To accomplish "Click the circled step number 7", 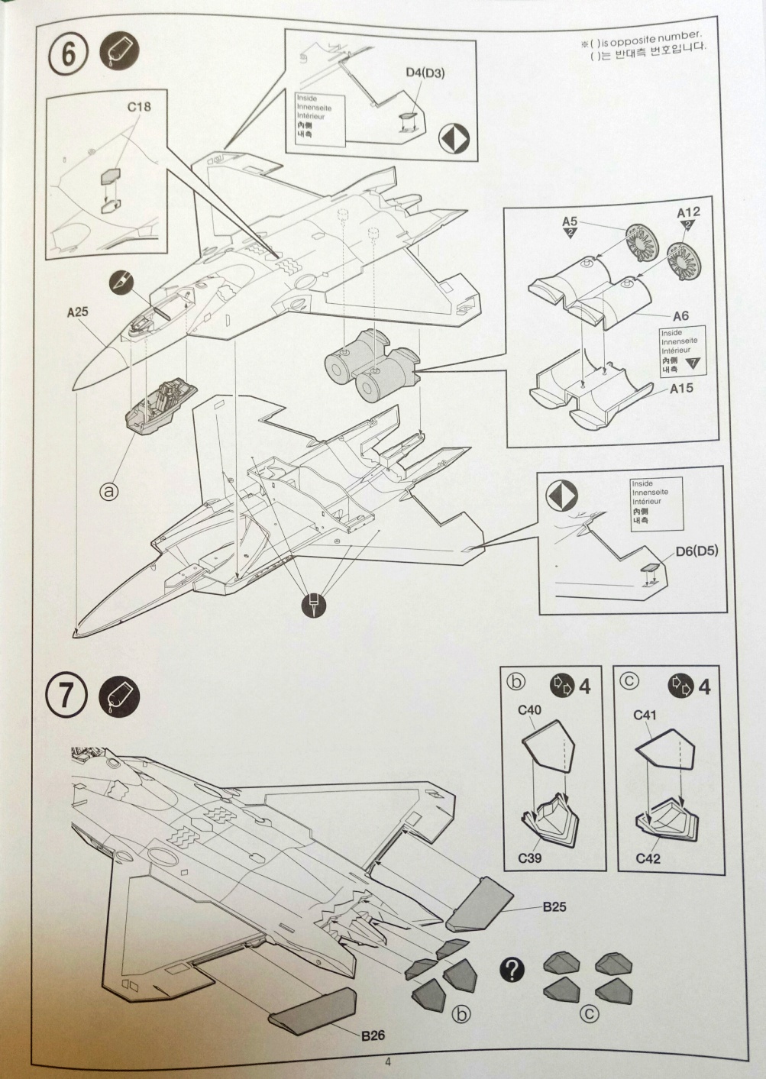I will coord(66,697).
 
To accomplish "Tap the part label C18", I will coord(138,107).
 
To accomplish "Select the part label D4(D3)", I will coord(425,73).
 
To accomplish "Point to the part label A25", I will coord(78,312).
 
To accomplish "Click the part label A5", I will coord(570,221).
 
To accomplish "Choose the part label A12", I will coord(688,212).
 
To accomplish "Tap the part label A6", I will coord(681,315).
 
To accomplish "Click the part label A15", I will coord(681,388).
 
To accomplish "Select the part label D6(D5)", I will coord(697,551).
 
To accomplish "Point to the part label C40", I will coord(529,710).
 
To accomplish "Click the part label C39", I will coord(530,858).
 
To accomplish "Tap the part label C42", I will coord(648,858).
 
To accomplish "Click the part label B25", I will coord(554,907).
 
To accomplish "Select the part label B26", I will coord(373,1036).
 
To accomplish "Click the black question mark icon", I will coord(512,970).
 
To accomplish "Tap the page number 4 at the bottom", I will coord(388,1061).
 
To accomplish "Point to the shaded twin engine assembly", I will coord(372,363).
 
